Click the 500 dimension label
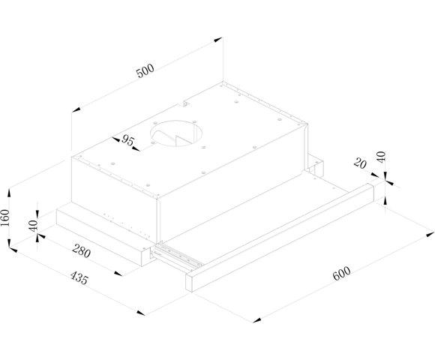pyautogui.click(x=145, y=70)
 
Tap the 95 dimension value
pyautogui.click(x=127, y=140)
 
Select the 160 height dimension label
pyautogui.click(x=5, y=217)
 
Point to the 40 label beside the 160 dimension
pyautogui.click(x=33, y=226)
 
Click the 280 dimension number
pyautogui.click(x=81, y=251)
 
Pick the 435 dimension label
pyautogui.click(x=79, y=278)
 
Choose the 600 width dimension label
pyautogui.click(x=341, y=274)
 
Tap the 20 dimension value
pyautogui.click(x=360, y=164)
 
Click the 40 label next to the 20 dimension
pyautogui.click(x=382, y=157)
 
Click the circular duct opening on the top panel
pyautogui.click(x=176, y=133)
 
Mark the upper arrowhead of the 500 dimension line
pyautogui.click(x=218, y=40)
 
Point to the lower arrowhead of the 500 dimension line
pyautogui.click(x=76, y=109)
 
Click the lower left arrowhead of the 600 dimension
pyautogui.click(x=257, y=320)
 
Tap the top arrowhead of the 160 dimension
pyautogui.click(x=9, y=193)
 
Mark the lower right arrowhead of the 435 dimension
pyautogui.click(x=140, y=313)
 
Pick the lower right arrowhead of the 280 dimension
pyautogui.click(x=118, y=274)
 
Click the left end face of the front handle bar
pyautogui.click(x=189, y=282)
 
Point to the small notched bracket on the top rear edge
pyautogui.click(x=185, y=103)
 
